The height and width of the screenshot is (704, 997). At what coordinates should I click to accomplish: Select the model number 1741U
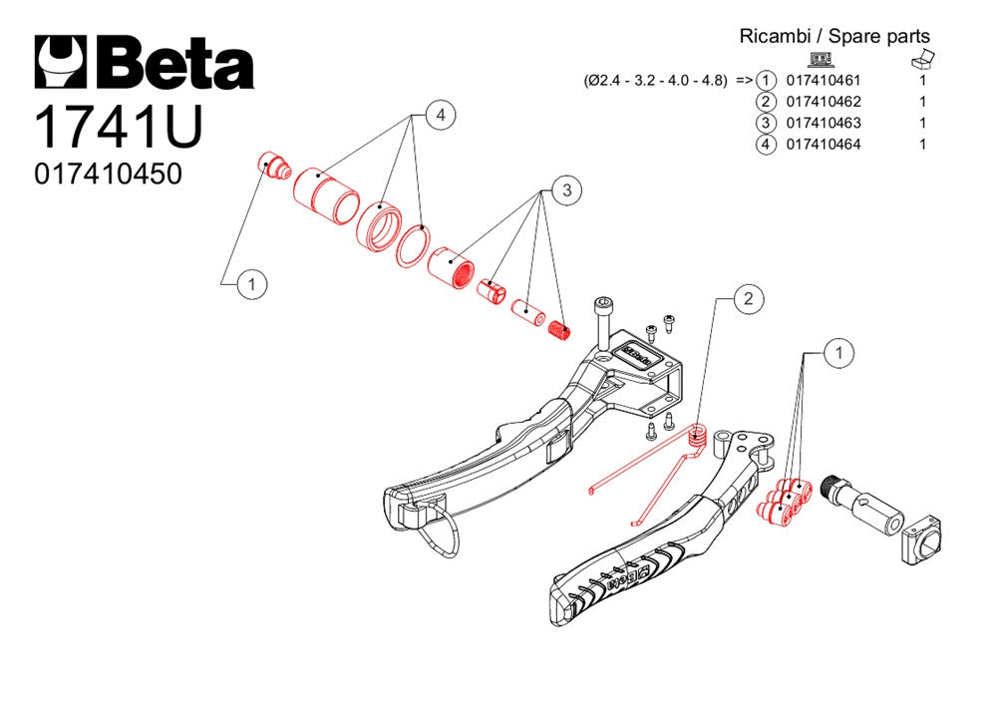tap(119, 127)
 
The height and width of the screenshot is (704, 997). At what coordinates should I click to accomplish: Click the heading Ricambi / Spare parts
tap(833, 36)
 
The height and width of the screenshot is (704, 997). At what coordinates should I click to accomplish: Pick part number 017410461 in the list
tap(824, 81)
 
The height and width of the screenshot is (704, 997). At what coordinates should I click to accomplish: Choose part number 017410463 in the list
tap(824, 123)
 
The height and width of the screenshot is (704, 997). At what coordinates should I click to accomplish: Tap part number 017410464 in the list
tap(824, 145)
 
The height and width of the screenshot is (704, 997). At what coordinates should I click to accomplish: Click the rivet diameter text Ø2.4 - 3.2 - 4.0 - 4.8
tap(656, 81)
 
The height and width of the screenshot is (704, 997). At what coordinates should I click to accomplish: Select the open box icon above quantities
tap(923, 58)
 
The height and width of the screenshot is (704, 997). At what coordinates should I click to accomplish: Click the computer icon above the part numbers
tap(821, 59)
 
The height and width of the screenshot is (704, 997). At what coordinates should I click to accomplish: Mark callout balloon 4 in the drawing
tap(440, 116)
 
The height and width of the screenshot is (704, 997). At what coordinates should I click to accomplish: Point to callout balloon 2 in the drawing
tap(750, 297)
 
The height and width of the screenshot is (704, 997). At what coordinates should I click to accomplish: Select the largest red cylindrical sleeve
tap(325, 191)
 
